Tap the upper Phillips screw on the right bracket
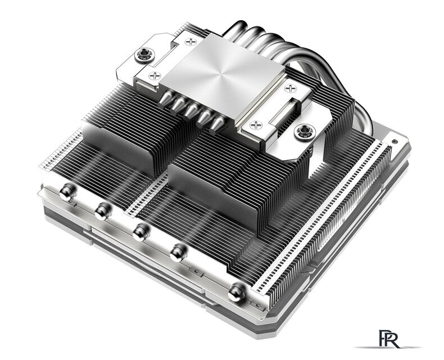[291, 88]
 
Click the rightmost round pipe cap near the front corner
[236, 290]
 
